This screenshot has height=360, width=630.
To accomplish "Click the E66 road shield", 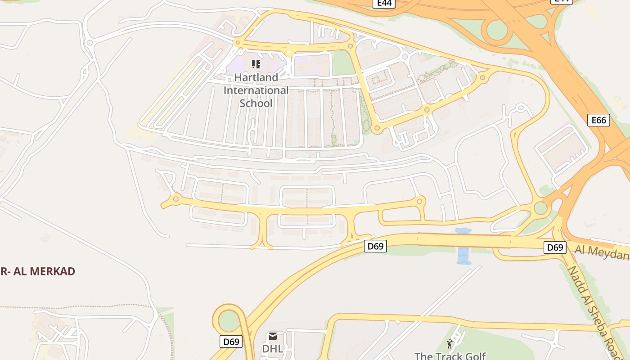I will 598,120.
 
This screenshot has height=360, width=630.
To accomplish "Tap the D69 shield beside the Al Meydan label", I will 554,247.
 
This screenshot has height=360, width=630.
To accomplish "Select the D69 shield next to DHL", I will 231,342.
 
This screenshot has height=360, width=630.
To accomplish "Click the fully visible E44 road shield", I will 384,4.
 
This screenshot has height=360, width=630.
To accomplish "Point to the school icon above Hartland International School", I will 256,65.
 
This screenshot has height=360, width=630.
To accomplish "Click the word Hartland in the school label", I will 256,77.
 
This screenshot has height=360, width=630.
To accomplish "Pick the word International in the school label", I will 256,90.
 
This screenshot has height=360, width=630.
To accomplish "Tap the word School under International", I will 256,103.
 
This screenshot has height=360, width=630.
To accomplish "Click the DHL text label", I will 273,349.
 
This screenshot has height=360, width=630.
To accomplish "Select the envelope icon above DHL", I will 273,337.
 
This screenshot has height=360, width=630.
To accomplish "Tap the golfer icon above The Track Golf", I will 450,344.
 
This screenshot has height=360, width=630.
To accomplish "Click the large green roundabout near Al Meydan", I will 540,208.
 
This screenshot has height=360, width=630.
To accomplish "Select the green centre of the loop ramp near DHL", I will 229,321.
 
